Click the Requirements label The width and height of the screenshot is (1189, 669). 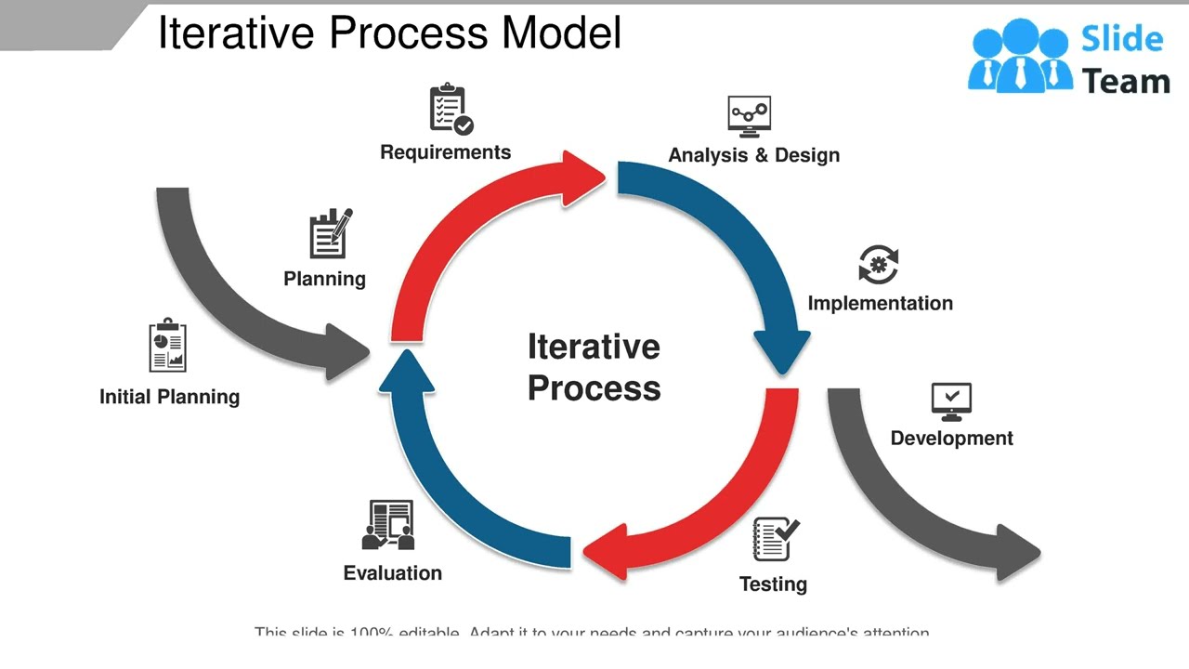click(x=445, y=152)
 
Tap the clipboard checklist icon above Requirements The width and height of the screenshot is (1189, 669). click(x=451, y=110)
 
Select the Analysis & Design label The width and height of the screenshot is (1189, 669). click(x=753, y=155)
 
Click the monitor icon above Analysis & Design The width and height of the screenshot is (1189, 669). click(x=749, y=116)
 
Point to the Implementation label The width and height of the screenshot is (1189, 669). click(x=880, y=304)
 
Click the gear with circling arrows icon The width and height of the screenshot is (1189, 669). click(x=879, y=265)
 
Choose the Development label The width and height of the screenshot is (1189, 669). click(x=951, y=438)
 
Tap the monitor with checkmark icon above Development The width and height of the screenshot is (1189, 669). click(x=951, y=401)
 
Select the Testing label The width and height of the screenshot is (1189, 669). click(x=773, y=584)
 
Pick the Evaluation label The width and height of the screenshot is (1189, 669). click(x=392, y=573)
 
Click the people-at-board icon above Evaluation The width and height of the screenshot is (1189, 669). click(x=388, y=525)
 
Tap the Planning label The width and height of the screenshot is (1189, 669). click(x=324, y=279)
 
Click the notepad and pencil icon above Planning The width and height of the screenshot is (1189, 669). click(x=330, y=233)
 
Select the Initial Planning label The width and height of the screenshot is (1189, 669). click(x=169, y=397)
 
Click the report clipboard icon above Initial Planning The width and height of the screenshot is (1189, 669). click(x=168, y=346)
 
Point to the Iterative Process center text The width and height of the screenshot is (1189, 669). click(x=594, y=367)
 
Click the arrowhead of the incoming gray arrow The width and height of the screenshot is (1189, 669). click(x=347, y=351)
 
